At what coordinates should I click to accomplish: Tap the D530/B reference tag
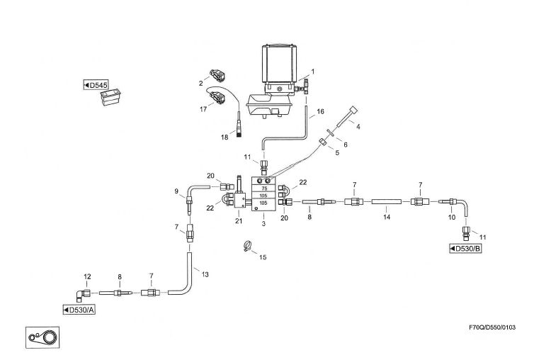coord(467,249)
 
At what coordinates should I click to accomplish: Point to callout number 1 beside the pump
coord(312,71)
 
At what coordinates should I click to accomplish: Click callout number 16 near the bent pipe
coord(320,112)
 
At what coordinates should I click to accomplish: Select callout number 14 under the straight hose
coord(387,218)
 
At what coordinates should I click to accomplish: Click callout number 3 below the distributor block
coord(263,224)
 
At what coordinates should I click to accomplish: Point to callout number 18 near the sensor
coord(225,137)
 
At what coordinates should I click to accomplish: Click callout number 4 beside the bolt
coord(358,127)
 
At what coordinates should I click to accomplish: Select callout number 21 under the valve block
coord(239,221)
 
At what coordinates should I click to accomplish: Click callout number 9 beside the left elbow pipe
coord(176,191)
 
